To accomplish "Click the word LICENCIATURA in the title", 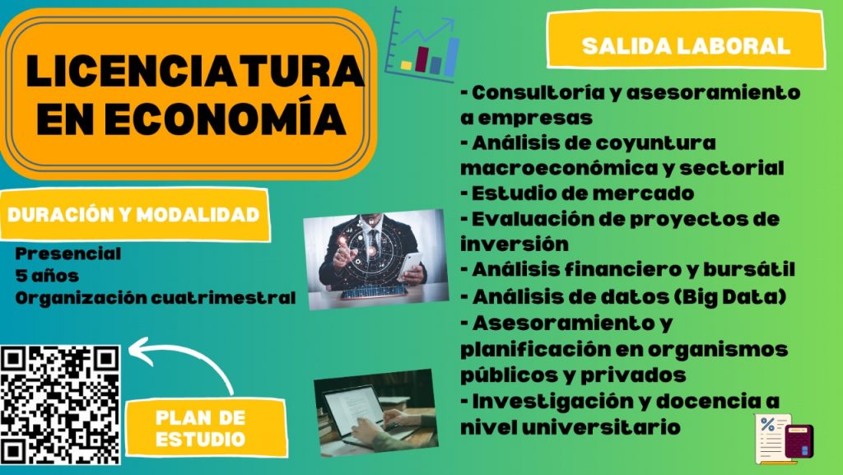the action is coord(194,71).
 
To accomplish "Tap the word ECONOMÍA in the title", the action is coord(225,117).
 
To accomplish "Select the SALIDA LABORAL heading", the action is coord(686,45).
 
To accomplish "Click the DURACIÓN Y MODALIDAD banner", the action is coord(133,214).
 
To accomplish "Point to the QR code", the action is coord(60,404).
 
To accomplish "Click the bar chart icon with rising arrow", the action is coord(423,45).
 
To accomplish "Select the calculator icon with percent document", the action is coord(784,439).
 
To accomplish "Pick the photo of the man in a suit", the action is coord(375,259).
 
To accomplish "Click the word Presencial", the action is coord(68,253).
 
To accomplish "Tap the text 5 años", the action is coord(47,275).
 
